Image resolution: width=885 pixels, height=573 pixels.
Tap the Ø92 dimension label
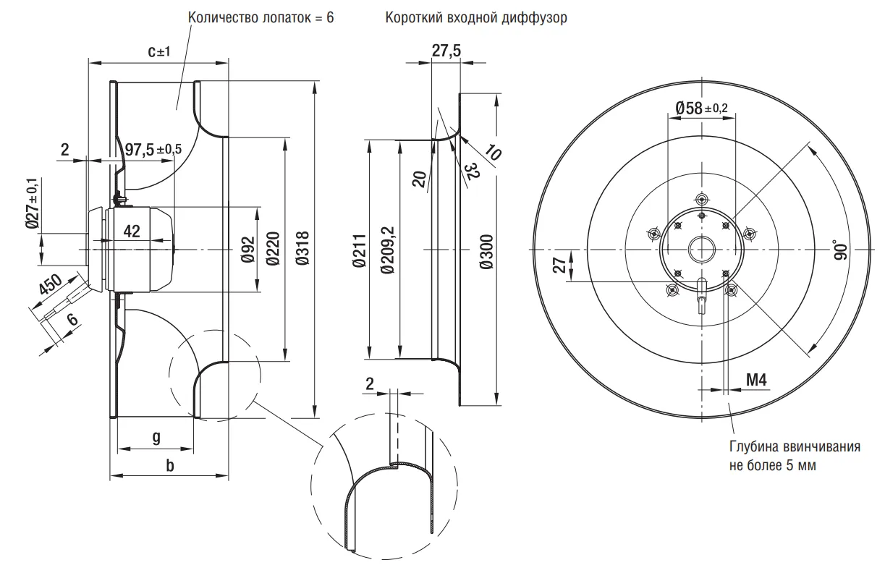(247, 250)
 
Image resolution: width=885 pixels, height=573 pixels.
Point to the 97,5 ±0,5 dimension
(153, 149)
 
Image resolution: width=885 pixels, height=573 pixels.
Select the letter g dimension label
(156, 436)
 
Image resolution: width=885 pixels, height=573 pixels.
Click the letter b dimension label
(170, 465)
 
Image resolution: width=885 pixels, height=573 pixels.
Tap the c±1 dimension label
(157, 51)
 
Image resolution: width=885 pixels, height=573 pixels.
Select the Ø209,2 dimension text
(387, 250)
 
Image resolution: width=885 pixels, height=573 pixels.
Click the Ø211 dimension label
(359, 251)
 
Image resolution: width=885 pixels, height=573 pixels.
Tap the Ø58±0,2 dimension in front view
(701, 108)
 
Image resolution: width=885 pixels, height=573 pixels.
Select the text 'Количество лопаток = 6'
(261, 17)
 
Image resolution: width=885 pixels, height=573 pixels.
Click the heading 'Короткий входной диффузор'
(476, 17)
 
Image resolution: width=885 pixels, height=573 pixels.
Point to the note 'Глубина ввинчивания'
(794, 446)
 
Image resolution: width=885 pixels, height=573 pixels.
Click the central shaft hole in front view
(701, 250)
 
